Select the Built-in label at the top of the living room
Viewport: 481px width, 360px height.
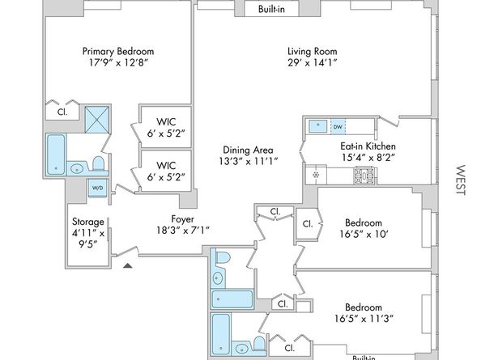point(270,10)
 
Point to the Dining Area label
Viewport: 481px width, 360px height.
point(249,150)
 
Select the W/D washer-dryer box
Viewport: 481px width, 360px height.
point(97,188)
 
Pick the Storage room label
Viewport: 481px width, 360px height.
point(87,222)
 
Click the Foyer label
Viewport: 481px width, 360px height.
point(181,218)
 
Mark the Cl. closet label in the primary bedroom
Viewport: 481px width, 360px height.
point(62,114)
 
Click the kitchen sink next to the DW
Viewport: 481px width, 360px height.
point(319,126)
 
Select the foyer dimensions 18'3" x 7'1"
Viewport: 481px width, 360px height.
point(181,230)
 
